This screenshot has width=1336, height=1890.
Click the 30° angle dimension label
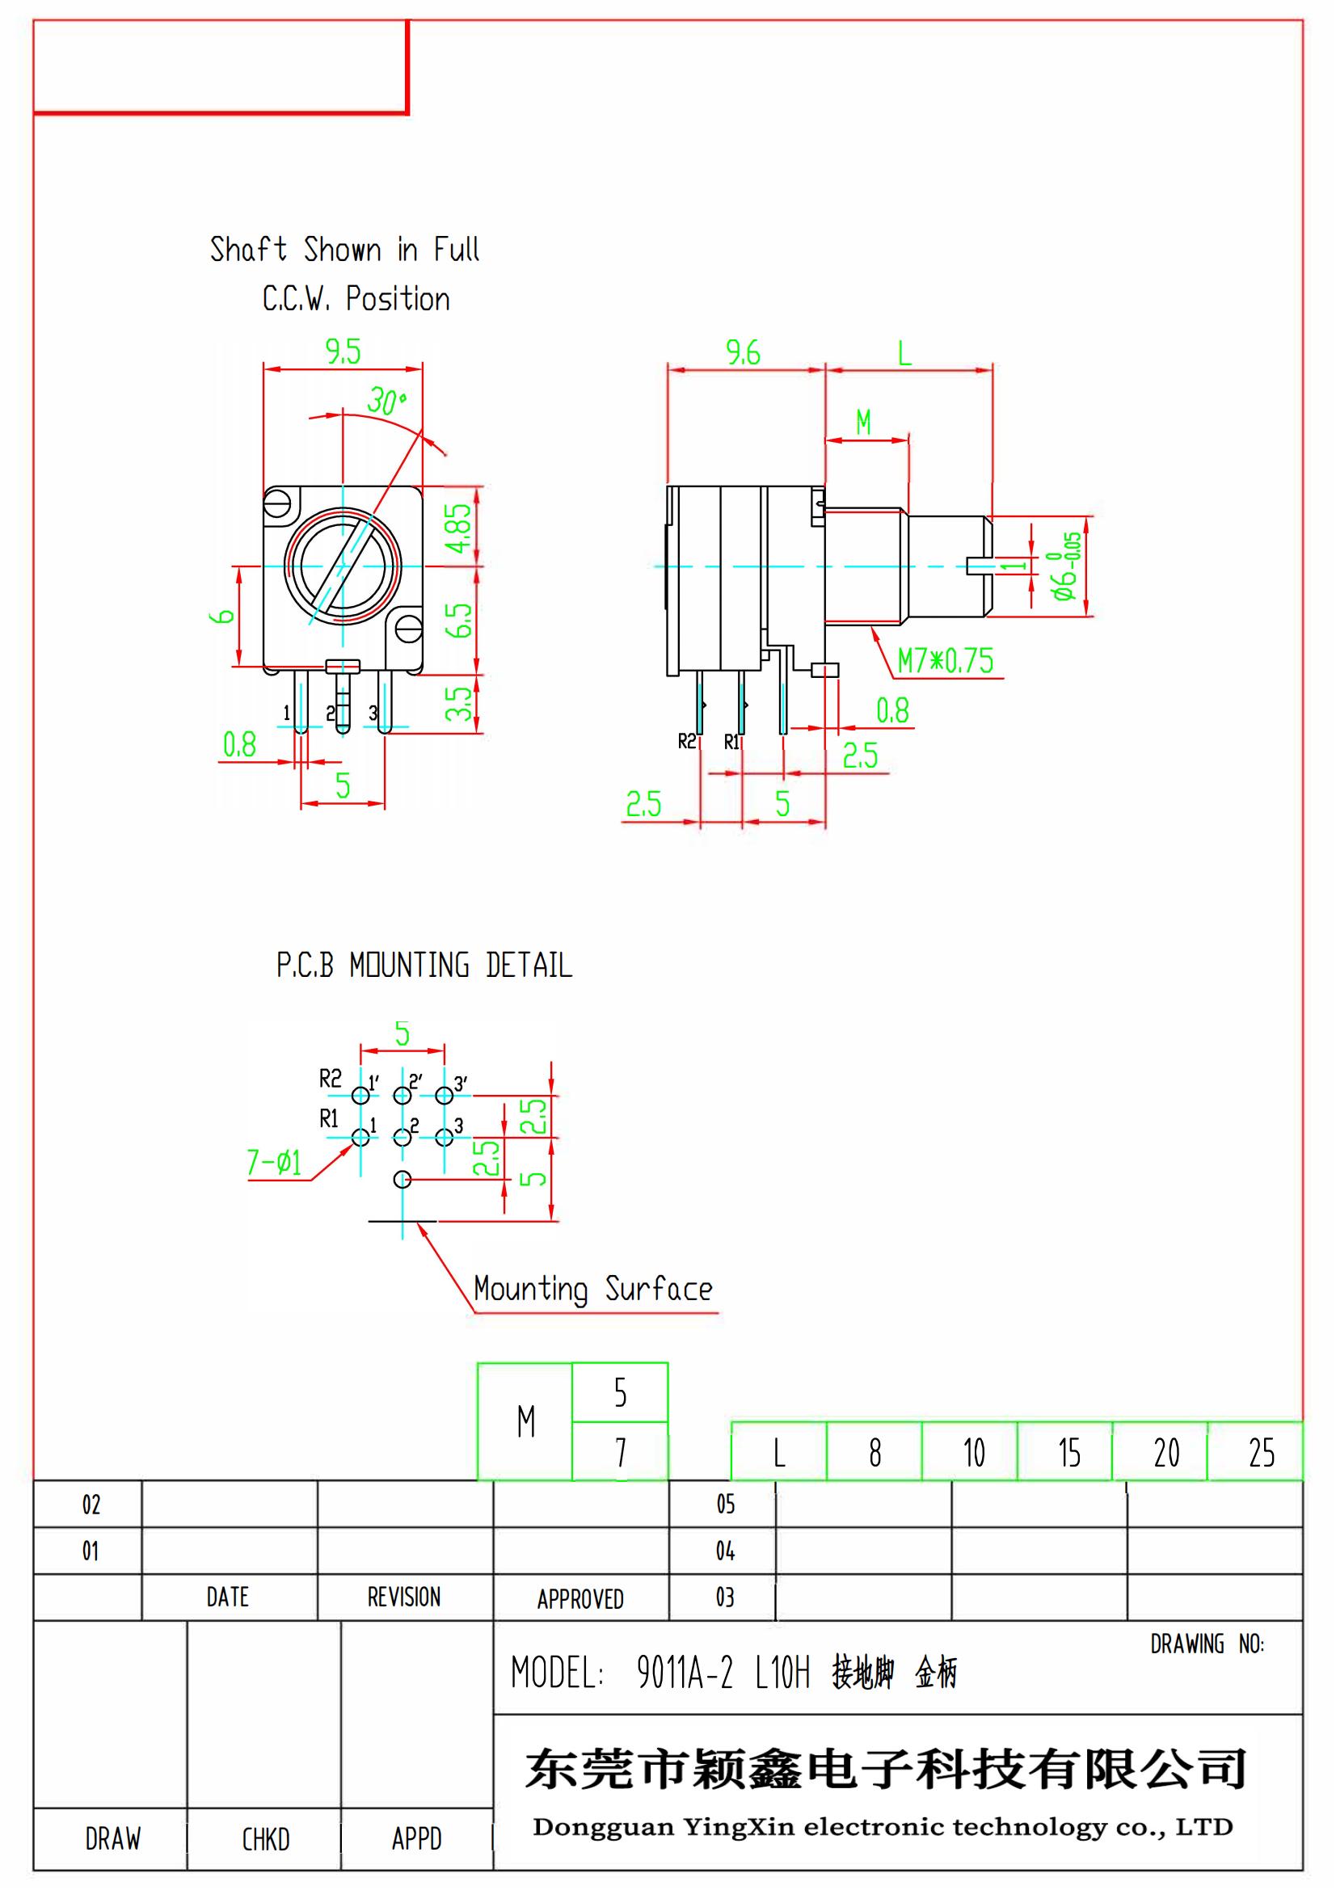click(386, 402)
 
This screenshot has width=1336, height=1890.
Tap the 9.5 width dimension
click(343, 352)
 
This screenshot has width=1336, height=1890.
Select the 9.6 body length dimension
click(743, 353)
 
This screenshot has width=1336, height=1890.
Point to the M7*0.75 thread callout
click(945, 661)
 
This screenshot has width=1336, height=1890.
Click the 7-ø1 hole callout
click(274, 1162)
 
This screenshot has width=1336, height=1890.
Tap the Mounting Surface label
click(592, 1288)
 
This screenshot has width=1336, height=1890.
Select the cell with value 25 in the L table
click(1261, 1453)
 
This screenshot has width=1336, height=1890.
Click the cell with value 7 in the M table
click(621, 1453)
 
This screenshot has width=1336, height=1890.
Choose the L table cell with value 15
click(1068, 1453)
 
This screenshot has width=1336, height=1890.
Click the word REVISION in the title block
click(403, 1597)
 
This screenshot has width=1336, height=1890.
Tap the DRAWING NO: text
click(1207, 1644)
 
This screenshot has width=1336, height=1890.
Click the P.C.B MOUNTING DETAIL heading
click(424, 966)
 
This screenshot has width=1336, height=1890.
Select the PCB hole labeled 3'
click(445, 1096)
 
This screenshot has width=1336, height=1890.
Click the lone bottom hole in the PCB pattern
click(402, 1180)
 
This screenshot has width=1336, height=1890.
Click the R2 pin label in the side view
click(686, 742)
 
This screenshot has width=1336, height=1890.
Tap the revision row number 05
click(724, 1504)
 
